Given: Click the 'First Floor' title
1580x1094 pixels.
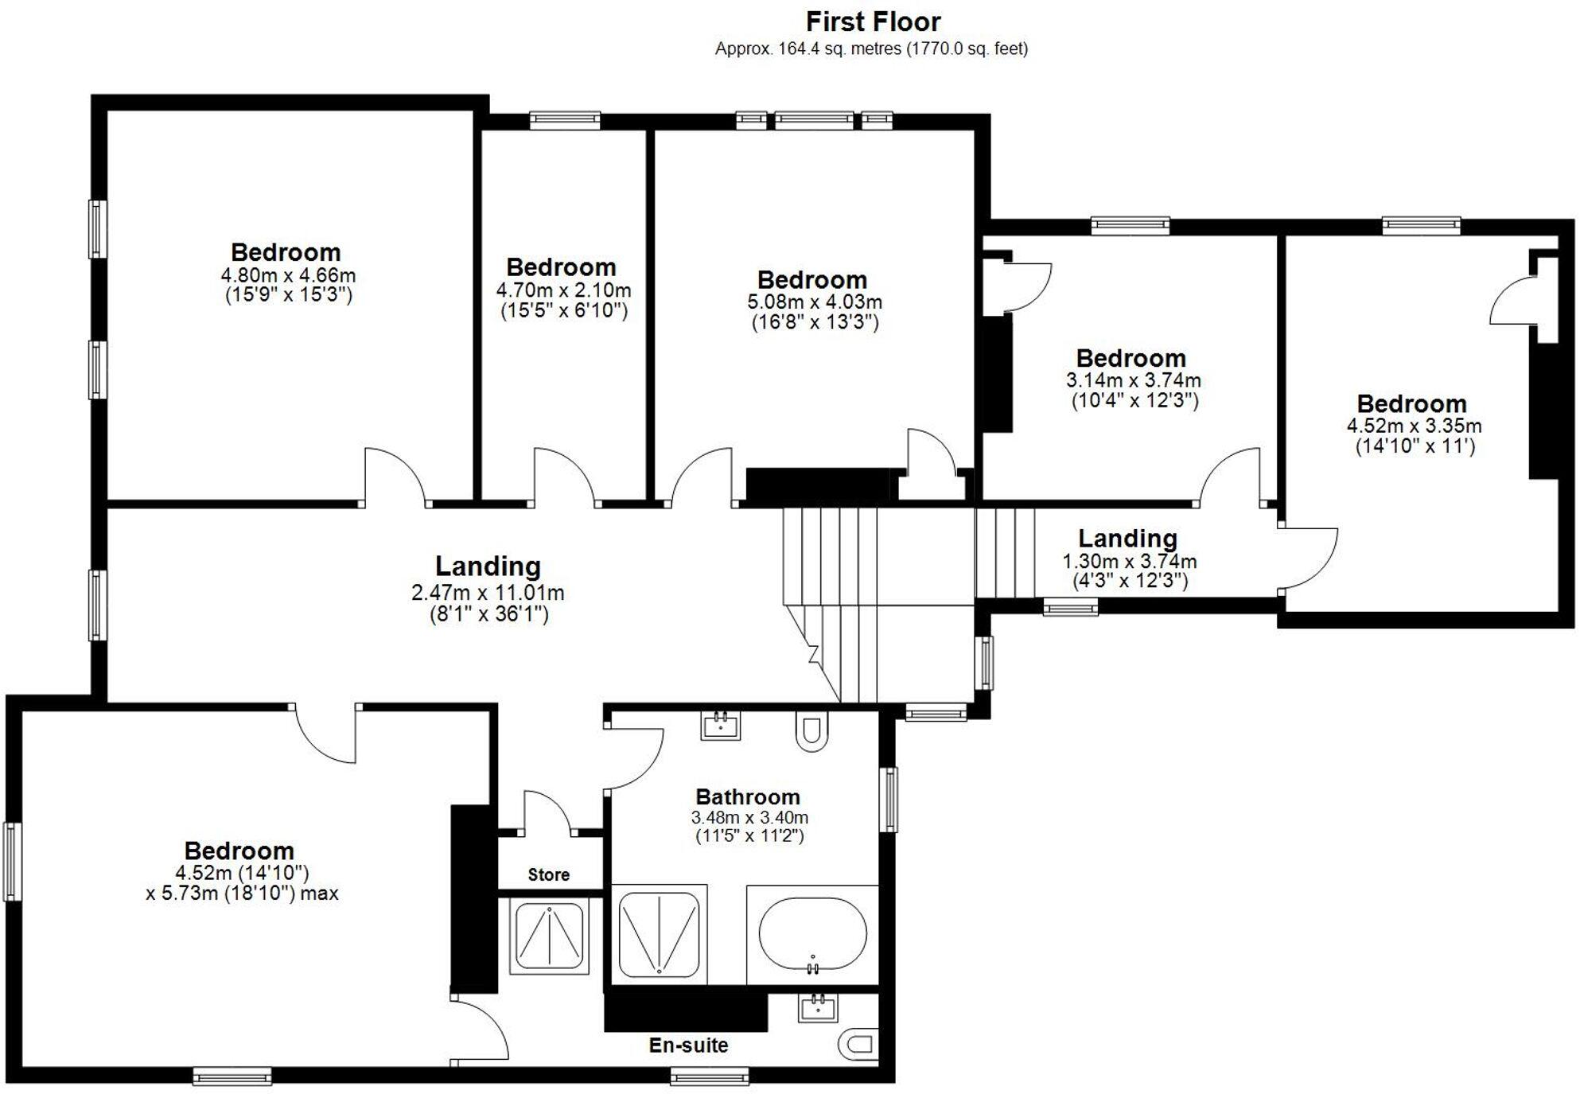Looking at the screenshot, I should click(873, 21).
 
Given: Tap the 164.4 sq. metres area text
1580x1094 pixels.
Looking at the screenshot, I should click(870, 49).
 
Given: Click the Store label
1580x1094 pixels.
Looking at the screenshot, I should click(548, 875).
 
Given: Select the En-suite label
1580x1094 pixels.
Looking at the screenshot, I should click(688, 1045).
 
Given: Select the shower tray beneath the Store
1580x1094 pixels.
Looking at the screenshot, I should click(549, 936).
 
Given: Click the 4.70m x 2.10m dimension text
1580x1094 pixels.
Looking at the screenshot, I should click(563, 290).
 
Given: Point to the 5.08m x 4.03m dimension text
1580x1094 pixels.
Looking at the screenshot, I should click(814, 302).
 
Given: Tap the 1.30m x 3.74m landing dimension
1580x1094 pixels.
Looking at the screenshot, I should click(1129, 562).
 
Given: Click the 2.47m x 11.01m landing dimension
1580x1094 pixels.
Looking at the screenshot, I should click(488, 593).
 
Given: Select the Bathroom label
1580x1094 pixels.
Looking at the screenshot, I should click(748, 796).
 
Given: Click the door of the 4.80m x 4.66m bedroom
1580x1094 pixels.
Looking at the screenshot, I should click(395, 476).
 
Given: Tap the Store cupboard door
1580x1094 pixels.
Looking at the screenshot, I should click(547, 812).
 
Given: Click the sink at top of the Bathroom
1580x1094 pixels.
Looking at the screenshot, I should click(721, 726).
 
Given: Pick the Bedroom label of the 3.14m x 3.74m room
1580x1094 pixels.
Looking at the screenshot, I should click(1131, 358).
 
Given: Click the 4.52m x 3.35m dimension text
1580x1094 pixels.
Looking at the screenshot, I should click(1414, 426).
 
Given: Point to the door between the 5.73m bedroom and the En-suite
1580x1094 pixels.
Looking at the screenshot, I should click(481, 1029).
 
